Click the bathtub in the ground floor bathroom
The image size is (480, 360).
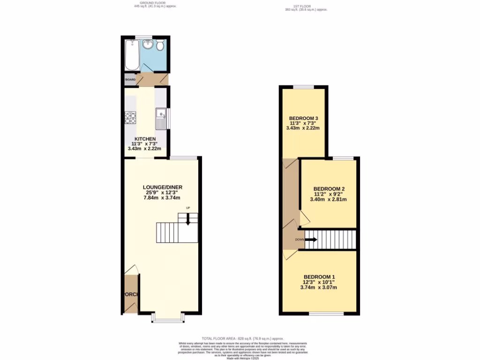click(x=132, y=55)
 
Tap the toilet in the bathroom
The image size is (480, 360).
click(x=160, y=45)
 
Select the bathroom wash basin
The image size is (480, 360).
click(x=148, y=45)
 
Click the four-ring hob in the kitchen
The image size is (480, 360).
click(x=130, y=117)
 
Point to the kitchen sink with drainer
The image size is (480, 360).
click(x=161, y=118)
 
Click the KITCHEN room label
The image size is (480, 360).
click(x=145, y=139)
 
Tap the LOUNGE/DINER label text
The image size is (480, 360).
click(x=162, y=187)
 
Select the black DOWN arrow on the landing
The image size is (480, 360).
click(x=311, y=240)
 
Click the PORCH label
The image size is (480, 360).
click(x=131, y=294)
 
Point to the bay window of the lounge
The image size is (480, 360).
click(x=167, y=320)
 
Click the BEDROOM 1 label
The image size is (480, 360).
click(x=319, y=277)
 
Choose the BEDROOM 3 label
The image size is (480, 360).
click(x=304, y=118)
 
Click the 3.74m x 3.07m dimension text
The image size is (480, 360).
click(x=319, y=287)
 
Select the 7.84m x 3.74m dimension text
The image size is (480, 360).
click(x=162, y=198)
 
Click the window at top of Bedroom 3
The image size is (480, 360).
click(x=304, y=87)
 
